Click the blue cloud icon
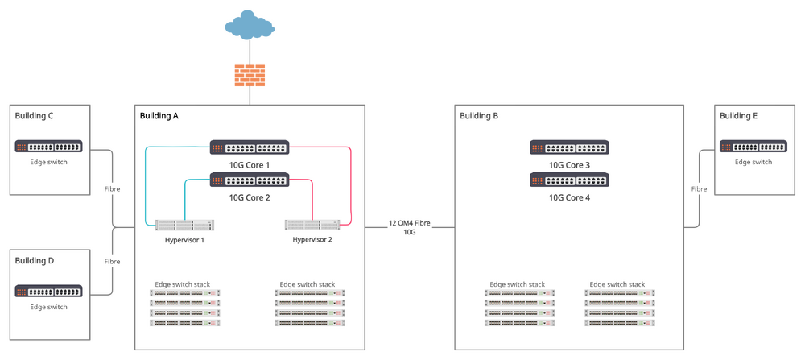pos(250,25)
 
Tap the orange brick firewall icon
pos(250,75)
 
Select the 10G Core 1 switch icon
pos(250,147)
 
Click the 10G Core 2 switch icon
pos(250,180)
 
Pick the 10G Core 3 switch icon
pos(569,147)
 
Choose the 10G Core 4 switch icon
pos(569,180)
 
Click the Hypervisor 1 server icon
pos(185,225)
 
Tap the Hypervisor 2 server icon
pos(312,225)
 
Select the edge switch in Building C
pos(48,147)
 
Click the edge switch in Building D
pos(48,291)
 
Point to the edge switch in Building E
pos(753,147)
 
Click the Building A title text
pos(159,116)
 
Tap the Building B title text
pos(479,116)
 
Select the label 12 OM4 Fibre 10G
pos(409,227)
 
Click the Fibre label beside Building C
pos(112,189)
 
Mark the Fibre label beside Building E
pos(699,189)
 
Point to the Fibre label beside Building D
pos(112,262)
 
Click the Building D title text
pos(35,260)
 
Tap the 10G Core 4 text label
pos(569,197)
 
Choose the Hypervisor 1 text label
pos(185,240)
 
